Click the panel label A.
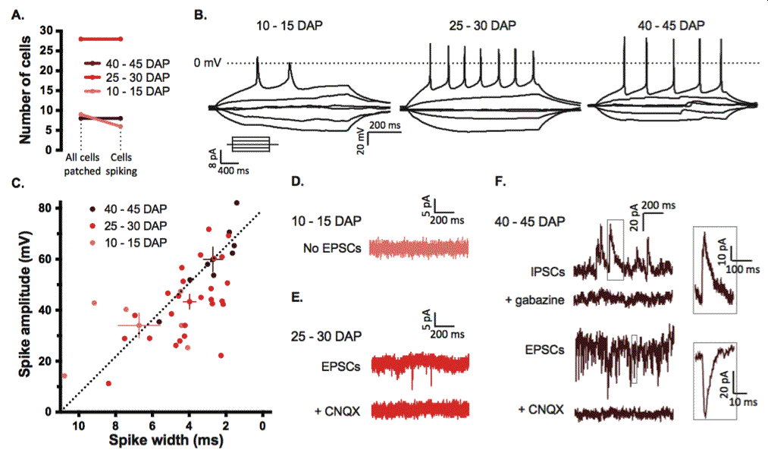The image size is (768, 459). pos(17,14)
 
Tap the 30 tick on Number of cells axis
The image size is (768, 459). pos(46,30)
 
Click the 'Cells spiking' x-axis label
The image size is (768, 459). pos(121,165)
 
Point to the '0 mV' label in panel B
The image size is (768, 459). pos(208,63)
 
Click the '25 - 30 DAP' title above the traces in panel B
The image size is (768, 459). pos(482,26)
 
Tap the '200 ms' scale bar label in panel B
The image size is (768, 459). pos(385,125)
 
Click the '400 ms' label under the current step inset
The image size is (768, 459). pos(234,171)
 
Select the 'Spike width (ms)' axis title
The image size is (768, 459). pos(166,439)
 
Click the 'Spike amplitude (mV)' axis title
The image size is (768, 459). pos(26,304)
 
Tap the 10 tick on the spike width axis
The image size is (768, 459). pos(79,425)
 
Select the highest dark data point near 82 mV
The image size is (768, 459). pos(237,203)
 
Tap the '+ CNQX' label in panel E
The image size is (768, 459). pos(337,411)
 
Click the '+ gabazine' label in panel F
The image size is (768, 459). pos(534,300)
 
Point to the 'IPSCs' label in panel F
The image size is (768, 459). pos(547,272)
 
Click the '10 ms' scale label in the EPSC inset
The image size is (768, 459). pos(744,402)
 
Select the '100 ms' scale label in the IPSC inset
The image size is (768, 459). pos(743,269)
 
